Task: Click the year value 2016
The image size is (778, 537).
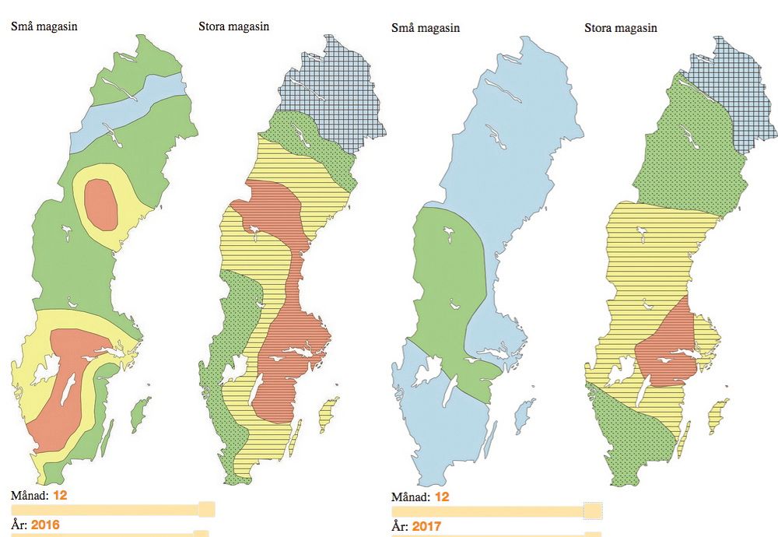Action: tap(45, 525)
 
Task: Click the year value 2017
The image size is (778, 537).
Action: tap(426, 527)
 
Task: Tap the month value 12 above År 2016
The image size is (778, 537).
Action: tap(61, 494)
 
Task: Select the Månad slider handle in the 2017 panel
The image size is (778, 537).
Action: tap(593, 511)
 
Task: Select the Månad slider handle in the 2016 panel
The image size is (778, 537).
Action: tap(207, 510)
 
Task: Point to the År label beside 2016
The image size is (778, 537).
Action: tap(19, 525)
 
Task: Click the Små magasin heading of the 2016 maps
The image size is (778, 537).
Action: tap(44, 26)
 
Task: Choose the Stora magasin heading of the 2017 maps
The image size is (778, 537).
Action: tap(620, 28)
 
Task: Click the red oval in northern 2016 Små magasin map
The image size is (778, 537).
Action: tap(101, 204)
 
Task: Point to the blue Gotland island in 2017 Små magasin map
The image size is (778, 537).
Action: tap(526, 412)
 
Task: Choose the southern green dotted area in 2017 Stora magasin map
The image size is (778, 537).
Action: tap(638, 440)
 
